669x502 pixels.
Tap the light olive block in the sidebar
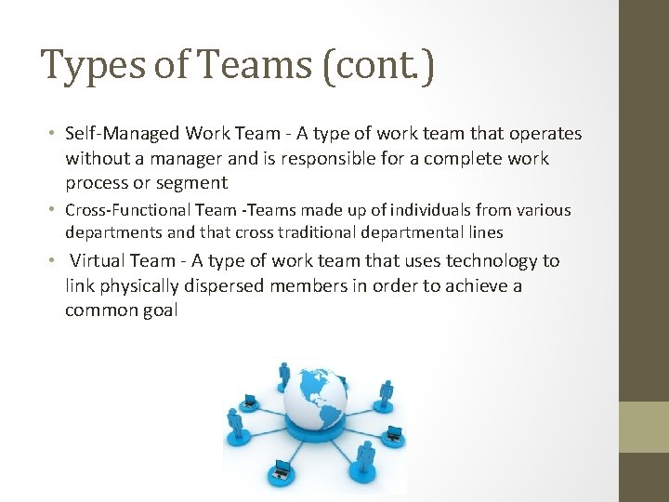644,427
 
